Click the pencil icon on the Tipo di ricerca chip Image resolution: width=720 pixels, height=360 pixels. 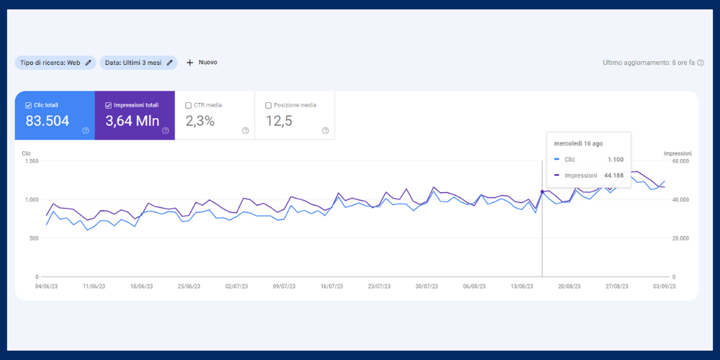(x=88, y=63)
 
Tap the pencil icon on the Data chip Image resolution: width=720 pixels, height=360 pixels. (x=170, y=63)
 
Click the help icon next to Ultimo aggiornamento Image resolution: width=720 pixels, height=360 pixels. (x=701, y=63)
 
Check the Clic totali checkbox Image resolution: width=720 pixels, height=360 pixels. (x=29, y=105)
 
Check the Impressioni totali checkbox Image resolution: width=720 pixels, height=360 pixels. (x=108, y=105)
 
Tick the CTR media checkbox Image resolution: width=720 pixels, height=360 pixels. (x=189, y=105)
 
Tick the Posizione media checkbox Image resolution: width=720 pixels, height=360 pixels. (x=269, y=105)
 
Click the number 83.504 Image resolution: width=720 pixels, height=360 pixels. (x=48, y=121)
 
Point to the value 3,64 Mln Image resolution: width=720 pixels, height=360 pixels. (x=132, y=121)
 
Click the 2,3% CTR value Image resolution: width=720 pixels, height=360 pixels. (x=200, y=121)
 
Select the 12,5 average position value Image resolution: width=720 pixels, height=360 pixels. (x=279, y=121)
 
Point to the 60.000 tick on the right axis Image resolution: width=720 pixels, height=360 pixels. (x=680, y=161)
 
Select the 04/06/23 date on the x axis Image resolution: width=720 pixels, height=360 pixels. (x=46, y=286)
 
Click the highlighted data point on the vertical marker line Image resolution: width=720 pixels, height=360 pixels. (x=542, y=192)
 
